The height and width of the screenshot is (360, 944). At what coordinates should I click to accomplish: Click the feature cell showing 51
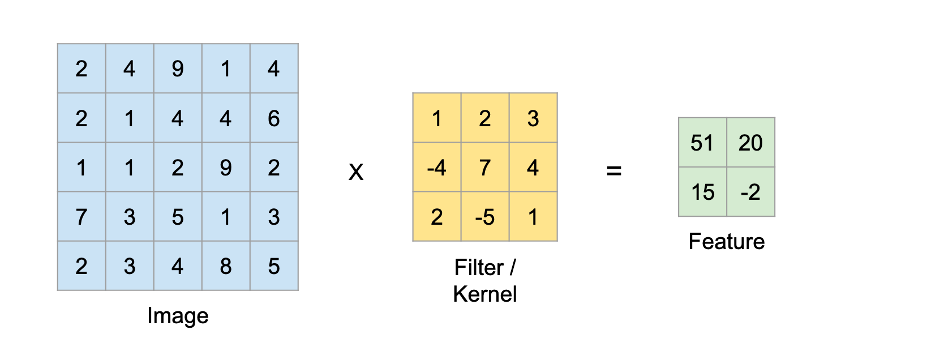(x=702, y=143)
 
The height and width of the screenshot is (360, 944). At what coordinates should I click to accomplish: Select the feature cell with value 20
(x=750, y=143)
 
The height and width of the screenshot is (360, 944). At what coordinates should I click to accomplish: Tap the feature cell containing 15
(x=702, y=192)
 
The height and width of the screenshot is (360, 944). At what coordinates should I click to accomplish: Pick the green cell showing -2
(x=750, y=192)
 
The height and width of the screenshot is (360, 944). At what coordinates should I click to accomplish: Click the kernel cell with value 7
(x=485, y=168)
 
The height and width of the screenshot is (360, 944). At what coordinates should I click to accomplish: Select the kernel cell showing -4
(x=437, y=168)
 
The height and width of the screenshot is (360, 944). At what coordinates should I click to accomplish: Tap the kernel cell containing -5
(x=485, y=217)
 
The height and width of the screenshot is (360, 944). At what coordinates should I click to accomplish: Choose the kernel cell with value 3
(x=533, y=118)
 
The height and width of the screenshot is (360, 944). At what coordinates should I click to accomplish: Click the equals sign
(x=614, y=170)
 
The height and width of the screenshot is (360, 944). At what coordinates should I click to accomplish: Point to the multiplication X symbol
(x=356, y=172)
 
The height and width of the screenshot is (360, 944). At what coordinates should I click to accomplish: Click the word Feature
(x=726, y=242)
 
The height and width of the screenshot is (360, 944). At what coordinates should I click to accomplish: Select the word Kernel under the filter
(x=485, y=294)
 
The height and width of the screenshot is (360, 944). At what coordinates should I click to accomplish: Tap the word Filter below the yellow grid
(x=479, y=268)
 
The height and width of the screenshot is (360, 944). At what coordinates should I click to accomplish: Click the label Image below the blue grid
(x=178, y=316)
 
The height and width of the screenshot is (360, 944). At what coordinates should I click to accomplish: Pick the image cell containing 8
(x=226, y=266)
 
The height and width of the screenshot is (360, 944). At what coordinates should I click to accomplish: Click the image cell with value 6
(x=274, y=118)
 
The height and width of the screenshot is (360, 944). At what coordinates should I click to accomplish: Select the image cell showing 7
(x=81, y=217)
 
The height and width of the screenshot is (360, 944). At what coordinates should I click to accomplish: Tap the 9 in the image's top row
(x=178, y=69)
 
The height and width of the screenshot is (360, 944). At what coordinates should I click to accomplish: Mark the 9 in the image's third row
(x=226, y=168)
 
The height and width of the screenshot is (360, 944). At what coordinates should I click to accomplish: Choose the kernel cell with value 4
(x=533, y=168)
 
